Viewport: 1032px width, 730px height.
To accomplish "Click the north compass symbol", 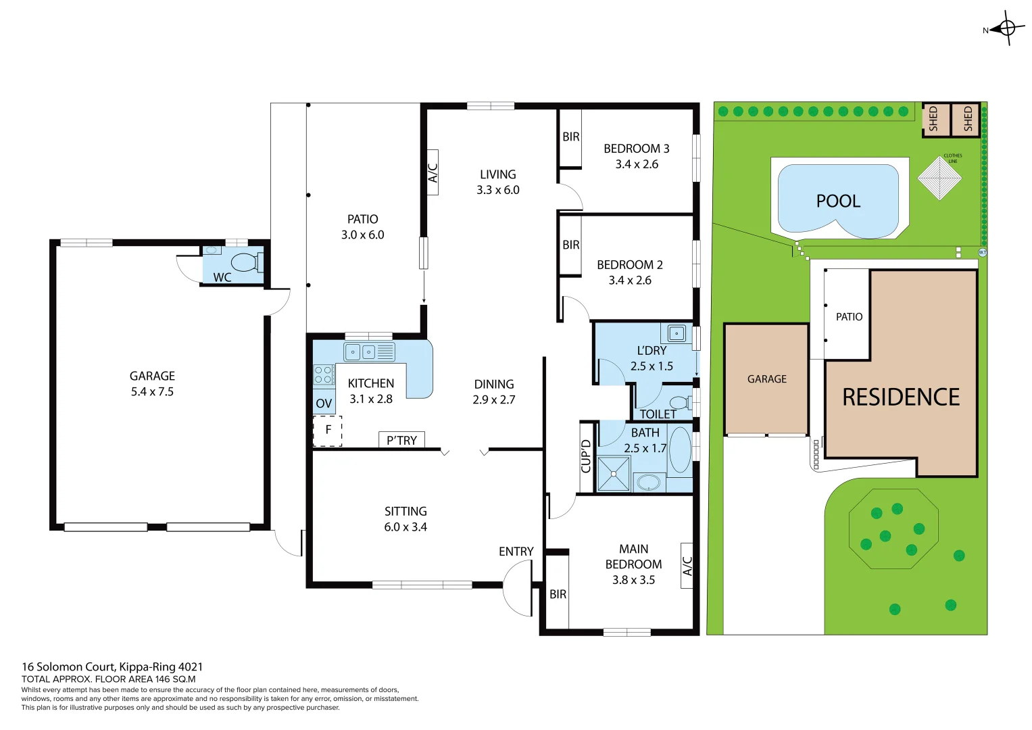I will click(x=1006, y=28).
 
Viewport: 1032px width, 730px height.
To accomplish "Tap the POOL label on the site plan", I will click(x=838, y=201).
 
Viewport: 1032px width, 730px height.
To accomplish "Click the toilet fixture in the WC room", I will click(x=245, y=262).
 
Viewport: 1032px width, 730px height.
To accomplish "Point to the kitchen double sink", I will click(x=361, y=351).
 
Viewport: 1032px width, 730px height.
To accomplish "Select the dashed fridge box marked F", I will click(x=328, y=431).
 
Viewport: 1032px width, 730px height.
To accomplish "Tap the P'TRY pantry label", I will click(x=401, y=440).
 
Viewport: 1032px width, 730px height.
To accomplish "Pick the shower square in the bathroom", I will click(x=614, y=473).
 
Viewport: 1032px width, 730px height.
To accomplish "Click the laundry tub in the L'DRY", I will click(x=676, y=333).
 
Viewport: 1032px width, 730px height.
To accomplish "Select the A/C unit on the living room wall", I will click(x=433, y=172).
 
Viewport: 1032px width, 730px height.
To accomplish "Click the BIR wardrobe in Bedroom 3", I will click(x=570, y=137).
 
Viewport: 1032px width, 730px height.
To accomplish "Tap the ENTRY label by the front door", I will click(x=516, y=552).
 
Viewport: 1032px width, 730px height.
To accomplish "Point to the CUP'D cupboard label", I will click(x=587, y=456).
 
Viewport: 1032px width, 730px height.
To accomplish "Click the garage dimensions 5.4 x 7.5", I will click(x=152, y=391).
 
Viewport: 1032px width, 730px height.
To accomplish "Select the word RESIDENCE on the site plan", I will click(x=900, y=397).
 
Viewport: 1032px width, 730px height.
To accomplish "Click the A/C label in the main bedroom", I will click(x=687, y=566).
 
